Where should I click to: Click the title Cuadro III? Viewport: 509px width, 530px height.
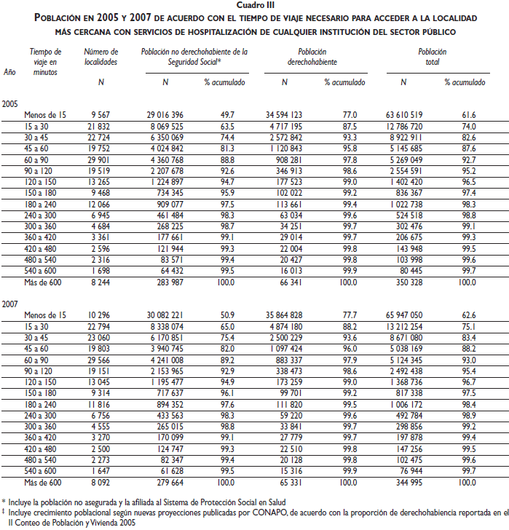click(x=255, y=5)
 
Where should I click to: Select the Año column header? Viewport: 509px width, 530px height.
click(x=9, y=72)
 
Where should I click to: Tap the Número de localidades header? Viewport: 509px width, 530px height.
click(x=100, y=57)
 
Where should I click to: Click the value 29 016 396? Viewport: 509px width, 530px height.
click(x=165, y=115)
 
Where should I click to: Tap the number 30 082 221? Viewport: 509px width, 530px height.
click(x=165, y=314)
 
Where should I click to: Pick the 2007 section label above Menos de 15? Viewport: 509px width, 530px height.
click(x=11, y=301)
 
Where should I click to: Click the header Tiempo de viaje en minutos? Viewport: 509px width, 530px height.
click(x=45, y=62)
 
